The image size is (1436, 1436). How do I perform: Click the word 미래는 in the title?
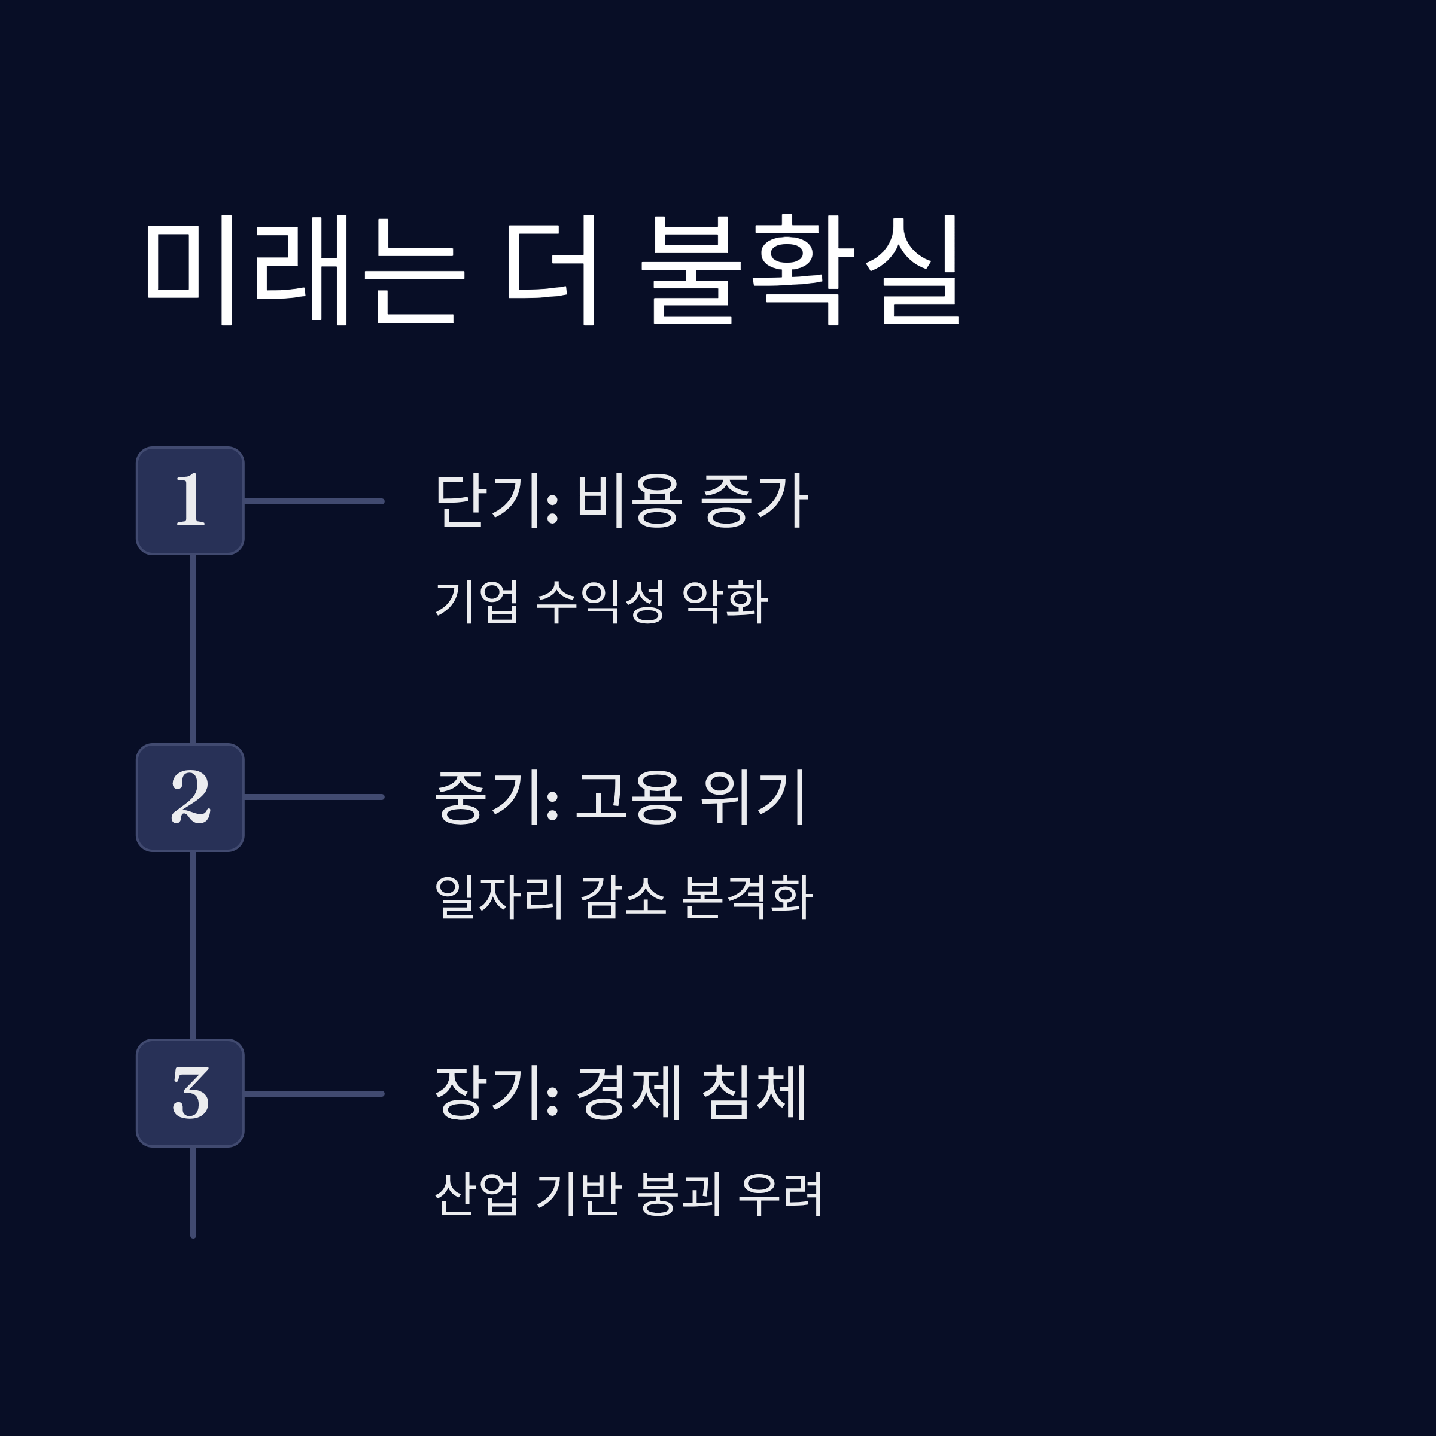point(304,269)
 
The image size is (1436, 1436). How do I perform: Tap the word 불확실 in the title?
point(801,269)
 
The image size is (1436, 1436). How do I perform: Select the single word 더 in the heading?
point(552,269)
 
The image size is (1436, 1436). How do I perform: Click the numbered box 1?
point(190,501)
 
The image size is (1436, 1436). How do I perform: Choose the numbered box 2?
point(190,797)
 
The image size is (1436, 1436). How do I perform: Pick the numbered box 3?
point(190,1093)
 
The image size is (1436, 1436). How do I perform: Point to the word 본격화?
point(746,897)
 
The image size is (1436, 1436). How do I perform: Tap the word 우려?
point(780,1194)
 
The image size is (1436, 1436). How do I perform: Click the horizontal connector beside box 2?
point(314,797)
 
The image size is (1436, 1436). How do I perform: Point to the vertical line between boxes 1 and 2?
point(193,649)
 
